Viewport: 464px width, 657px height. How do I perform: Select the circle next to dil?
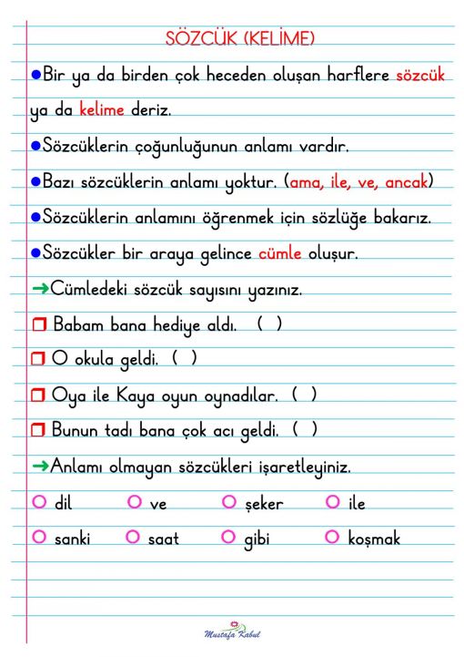point(38,502)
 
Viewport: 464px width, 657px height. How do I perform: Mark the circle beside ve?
point(135,502)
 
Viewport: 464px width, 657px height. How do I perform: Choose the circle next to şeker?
point(228,502)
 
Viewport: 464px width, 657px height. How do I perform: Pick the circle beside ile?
point(331,502)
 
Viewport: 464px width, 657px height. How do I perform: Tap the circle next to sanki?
point(38,537)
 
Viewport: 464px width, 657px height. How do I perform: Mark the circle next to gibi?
point(228,537)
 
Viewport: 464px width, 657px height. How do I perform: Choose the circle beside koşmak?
point(331,537)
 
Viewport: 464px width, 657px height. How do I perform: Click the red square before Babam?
point(38,325)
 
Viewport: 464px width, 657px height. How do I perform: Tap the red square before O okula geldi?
point(38,361)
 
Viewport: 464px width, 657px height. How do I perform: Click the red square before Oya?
point(38,396)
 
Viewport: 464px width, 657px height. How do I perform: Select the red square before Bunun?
point(38,431)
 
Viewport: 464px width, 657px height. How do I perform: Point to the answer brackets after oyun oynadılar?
point(304,395)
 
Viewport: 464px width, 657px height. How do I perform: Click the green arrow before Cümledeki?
point(40,290)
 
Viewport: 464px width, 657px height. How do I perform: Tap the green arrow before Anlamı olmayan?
point(40,467)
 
